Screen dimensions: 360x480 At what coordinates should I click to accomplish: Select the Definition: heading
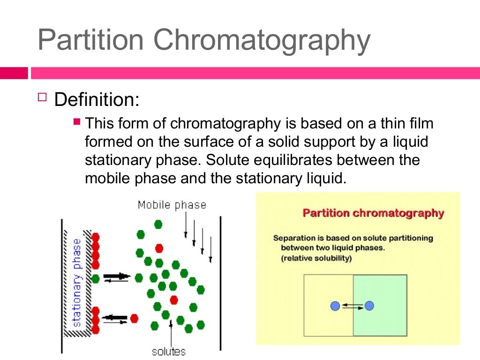tap(97, 99)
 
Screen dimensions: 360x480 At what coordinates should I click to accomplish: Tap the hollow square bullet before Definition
tap(43, 97)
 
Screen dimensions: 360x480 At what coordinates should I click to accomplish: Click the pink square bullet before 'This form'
tap(78, 122)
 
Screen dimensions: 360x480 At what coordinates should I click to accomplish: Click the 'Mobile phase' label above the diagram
tap(172, 205)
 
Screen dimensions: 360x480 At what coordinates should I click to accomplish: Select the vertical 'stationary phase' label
tap(77, 282)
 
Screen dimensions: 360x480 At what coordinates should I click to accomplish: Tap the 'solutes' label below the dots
tap(169, 351)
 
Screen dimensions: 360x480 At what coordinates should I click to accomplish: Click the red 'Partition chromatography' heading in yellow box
tap(373, 213)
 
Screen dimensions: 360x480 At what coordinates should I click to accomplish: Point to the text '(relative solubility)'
tap(316, 258)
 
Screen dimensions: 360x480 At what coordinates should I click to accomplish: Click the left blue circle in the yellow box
tap(335, 306)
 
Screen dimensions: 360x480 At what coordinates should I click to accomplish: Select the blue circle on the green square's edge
tap(369, 306)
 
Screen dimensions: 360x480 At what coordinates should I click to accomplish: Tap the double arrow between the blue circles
tap(352, 307)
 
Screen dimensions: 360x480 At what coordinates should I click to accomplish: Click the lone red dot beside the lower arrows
tap(135, 318)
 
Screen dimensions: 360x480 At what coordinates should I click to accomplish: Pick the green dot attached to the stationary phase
tap(96, 278)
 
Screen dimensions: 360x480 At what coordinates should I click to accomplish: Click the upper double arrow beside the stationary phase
tap(116, 277)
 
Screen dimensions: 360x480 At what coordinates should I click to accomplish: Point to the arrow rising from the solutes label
tap(171, 330)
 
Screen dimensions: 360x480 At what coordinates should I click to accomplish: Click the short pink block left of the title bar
tap(14, 73)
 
